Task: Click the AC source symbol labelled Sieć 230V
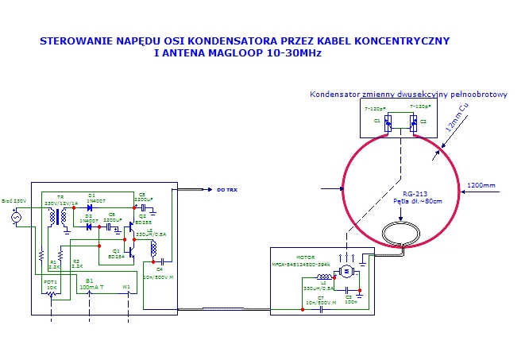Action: coord(16,216)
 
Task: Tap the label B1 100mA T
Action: coord(89,284)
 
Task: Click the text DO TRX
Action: coord(226,191)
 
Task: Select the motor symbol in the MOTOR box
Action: coord(346,272)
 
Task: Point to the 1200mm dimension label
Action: coord(482,186)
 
